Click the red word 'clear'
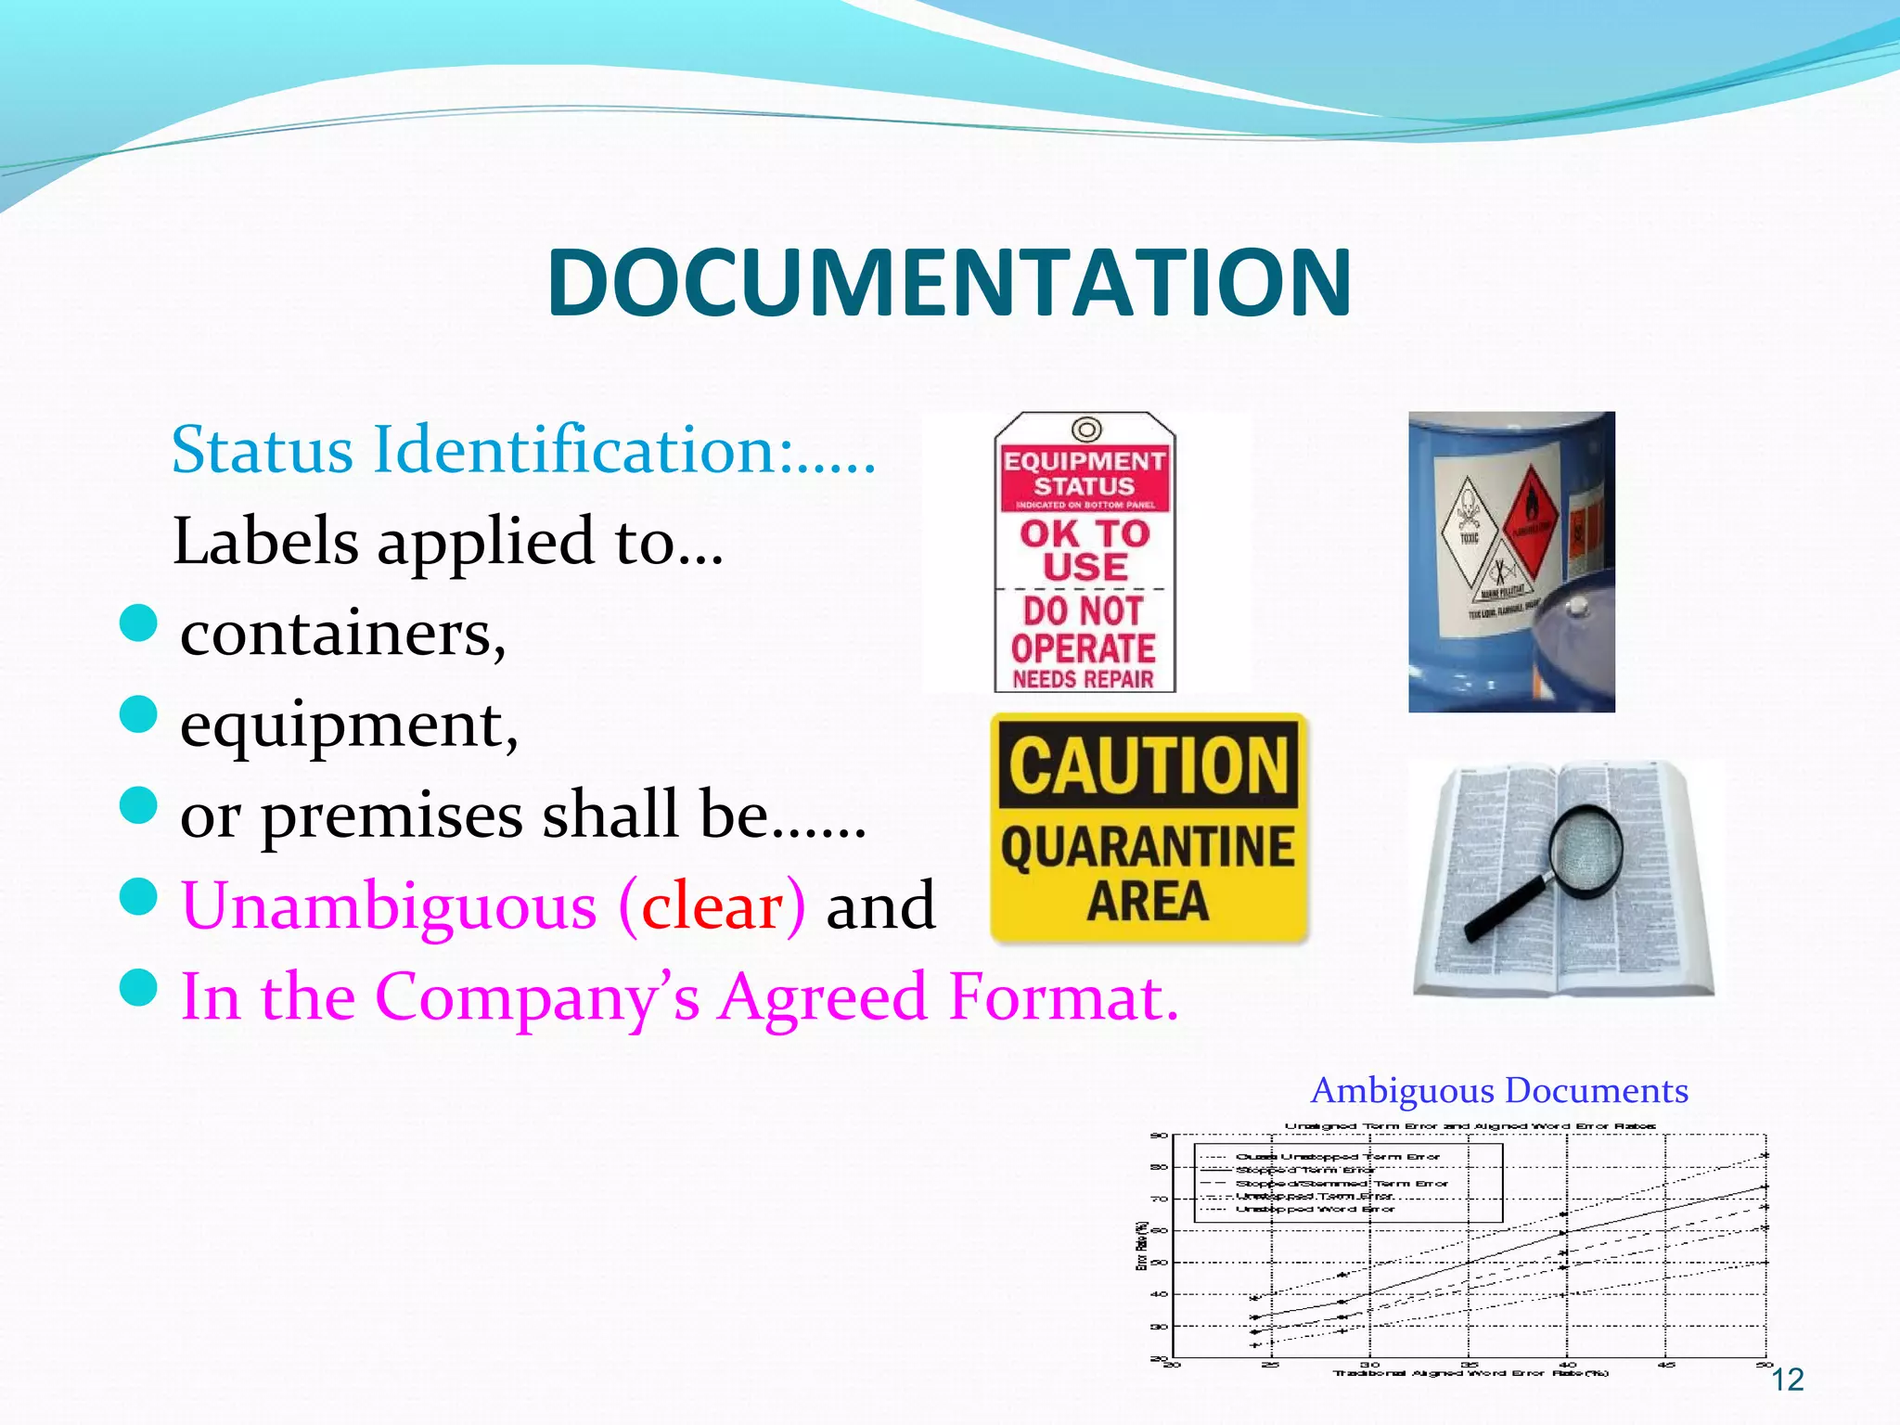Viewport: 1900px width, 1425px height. click(x=712, y=905)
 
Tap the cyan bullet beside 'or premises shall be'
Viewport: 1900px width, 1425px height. click(x=139, y=805)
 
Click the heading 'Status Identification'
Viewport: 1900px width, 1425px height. click(x=522, y=450)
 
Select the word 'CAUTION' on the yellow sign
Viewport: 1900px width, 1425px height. click(x=1149, y=765)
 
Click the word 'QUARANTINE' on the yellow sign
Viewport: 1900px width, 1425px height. click(x=1148, y=846)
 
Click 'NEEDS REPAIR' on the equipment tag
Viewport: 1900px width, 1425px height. click(x=1084, y=679)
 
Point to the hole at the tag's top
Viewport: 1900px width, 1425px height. click(x=1085, y=430)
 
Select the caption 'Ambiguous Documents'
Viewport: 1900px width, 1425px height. click(x=1499, y=1091)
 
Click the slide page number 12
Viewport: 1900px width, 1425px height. click(x=1787, y=1380)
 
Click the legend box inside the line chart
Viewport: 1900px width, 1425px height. click(x=1347, y=1183)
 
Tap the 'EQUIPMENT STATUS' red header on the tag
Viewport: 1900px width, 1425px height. click(x=1085, y=473)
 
